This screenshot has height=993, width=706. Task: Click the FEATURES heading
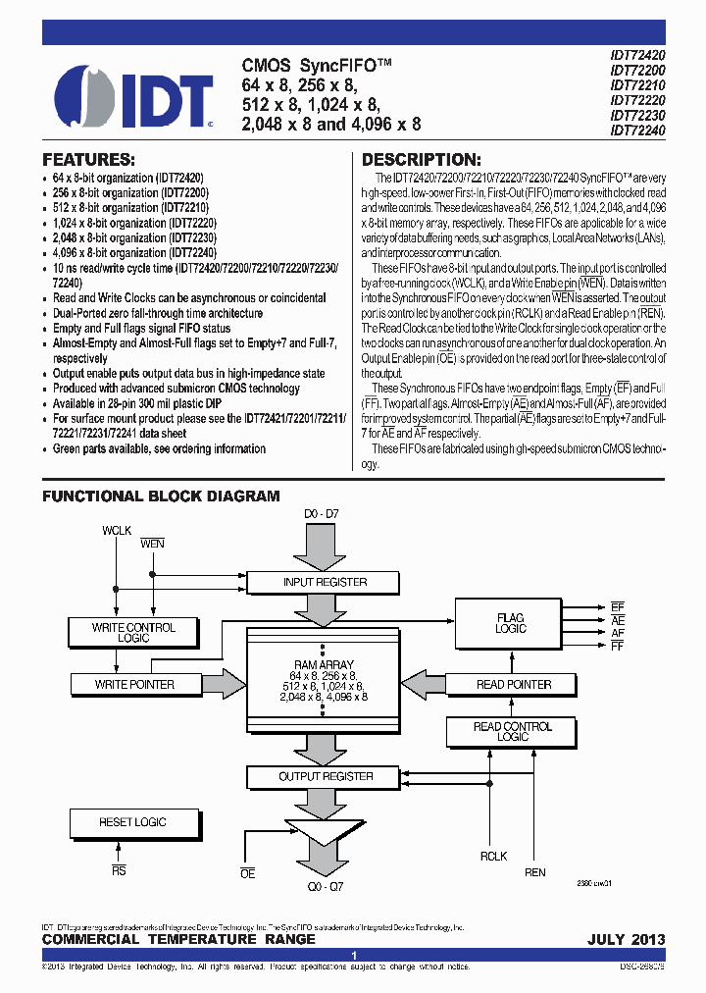click(x=88, y=160)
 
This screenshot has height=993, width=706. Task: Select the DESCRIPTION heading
click(x=422, y=160)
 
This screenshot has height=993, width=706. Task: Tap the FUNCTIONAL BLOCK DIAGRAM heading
click(x=161, y=496)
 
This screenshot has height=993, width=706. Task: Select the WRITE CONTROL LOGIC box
click(x=133, y=632)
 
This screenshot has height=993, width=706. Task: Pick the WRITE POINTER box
click(x=133, y=684)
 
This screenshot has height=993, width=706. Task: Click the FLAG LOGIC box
click(x=510, y=623)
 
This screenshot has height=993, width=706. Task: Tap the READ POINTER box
click(x=513, y=684)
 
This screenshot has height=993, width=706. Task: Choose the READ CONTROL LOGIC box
click(x=513, y=731)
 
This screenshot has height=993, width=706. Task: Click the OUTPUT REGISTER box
click(x=326, y=776)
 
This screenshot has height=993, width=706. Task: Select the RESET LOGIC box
click(x=133, y=822)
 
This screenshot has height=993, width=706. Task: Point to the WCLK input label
click(x=117, y=531)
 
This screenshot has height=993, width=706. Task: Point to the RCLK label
click(x=493, y=856)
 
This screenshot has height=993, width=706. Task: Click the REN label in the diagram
click(x=535, y=872)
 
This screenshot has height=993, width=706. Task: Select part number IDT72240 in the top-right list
click(x=637, y=130)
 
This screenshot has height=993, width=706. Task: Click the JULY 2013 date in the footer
click(x=626, y=939)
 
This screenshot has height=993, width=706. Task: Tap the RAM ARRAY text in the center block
click(x=324, y=664)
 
